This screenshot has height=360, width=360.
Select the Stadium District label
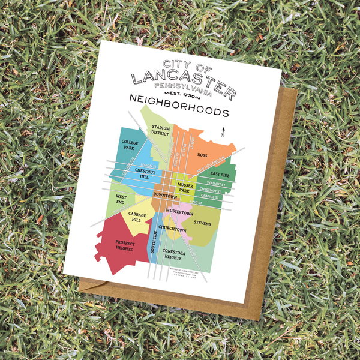click(x=160, y=130)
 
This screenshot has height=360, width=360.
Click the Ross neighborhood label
click(x=202, y=155)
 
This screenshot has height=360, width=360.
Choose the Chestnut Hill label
click(x=146, y=174)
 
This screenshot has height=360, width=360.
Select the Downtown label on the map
click(x=165, y=196)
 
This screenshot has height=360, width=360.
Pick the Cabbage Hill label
click(x=137, y=218)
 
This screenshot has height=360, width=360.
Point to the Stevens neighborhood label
click(x=202, y=223)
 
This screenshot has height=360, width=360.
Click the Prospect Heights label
click(x=125, y=246)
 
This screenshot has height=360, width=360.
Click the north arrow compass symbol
click(x=223, y=131)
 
